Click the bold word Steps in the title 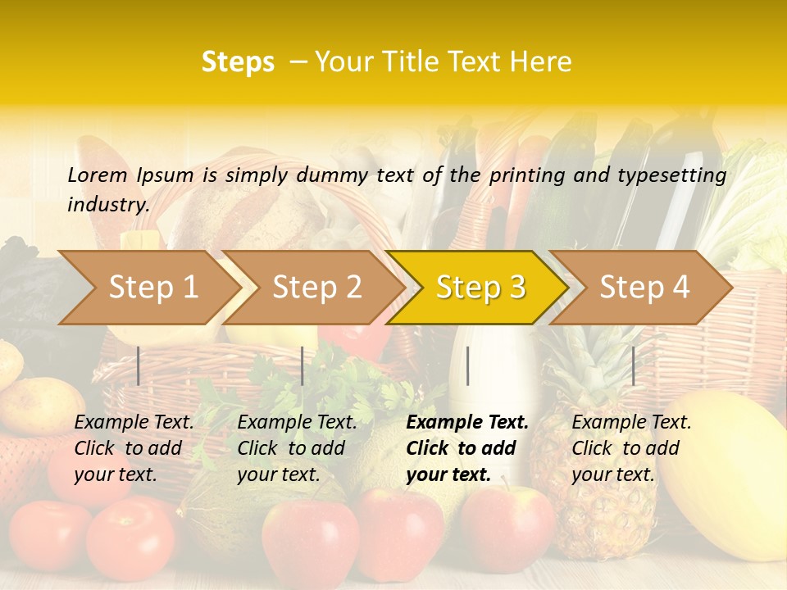tap(238, 62)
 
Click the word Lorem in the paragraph tap(98, 175)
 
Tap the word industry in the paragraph tap(108, 204)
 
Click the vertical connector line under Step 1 tap(139, 365)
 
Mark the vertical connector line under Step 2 tap(303, 365)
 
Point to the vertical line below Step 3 tap(467, 365)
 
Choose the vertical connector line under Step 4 tap(633, 365)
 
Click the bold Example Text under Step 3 tap(467, 423)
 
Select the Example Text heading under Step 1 tap(134, 423)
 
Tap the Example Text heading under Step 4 tap(631, 423)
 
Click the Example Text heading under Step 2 tap(297, 423)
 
